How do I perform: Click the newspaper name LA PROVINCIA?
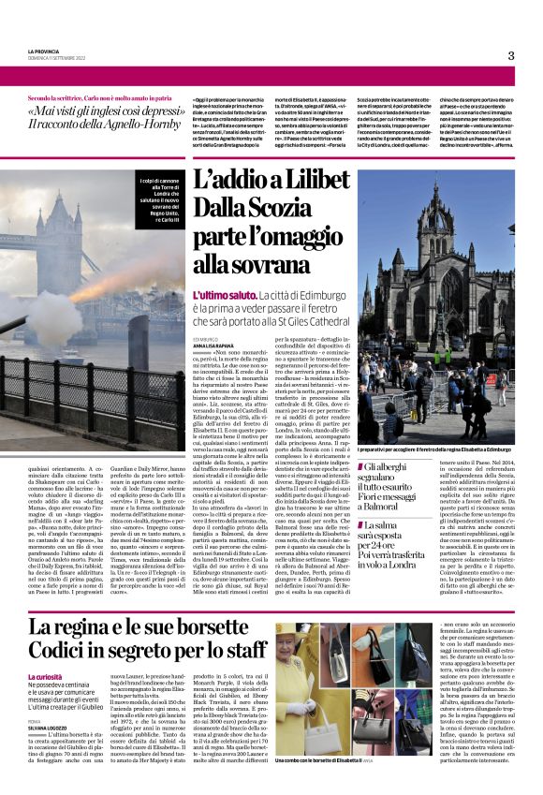(45, 51)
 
